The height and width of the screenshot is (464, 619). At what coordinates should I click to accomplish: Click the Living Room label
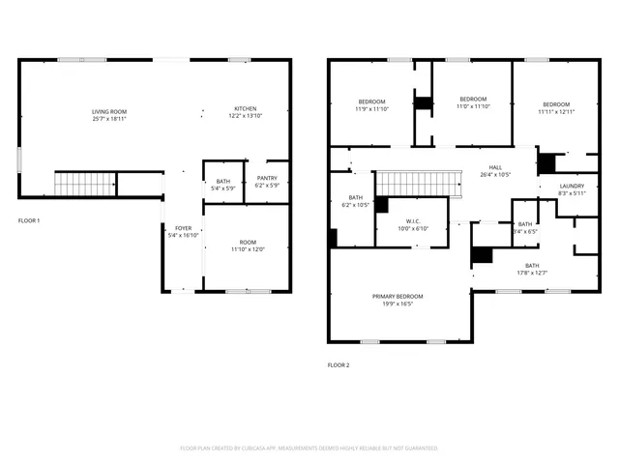pos(109,114)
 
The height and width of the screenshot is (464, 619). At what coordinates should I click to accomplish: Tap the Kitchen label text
pos(246,112)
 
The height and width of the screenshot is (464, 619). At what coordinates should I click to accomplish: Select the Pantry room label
pos(267,181)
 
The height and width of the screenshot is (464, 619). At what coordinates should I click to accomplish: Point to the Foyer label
pos(183,231)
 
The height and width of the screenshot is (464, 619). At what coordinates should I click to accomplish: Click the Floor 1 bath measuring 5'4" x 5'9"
pos(223,185)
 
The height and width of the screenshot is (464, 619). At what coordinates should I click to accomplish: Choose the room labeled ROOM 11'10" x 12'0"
pos(249,246)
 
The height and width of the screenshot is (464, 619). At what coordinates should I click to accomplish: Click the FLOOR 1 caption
pos(29,220)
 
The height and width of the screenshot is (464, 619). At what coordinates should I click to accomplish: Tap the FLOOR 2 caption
pos(339,364)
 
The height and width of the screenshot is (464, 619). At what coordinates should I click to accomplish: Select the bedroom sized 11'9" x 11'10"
pos(372,105)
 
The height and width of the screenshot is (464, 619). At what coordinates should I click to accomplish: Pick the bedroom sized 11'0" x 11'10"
pos(472,103)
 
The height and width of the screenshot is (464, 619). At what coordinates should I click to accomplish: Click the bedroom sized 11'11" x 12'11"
pos(556,108)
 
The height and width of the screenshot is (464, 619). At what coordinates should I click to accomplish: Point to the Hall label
pos(495,171)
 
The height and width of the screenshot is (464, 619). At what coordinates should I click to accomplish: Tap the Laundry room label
pos(572,189)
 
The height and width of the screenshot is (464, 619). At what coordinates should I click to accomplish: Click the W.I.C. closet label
pos(411,224)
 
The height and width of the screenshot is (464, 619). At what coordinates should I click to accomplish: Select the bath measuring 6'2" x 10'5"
pos(356,201)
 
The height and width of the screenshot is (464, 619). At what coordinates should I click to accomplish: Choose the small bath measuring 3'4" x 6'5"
pos(524,228)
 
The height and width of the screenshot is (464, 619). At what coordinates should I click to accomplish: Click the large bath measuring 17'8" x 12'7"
pos(532,269)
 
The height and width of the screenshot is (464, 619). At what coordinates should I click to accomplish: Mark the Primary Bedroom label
pos(398,300)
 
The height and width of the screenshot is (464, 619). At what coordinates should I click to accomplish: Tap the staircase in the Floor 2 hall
pos(414,181)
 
